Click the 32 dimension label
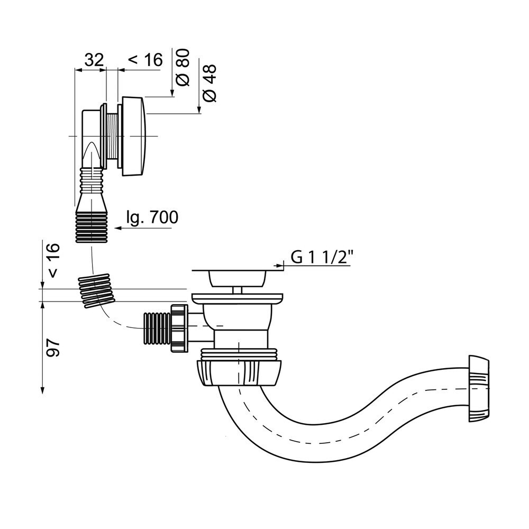(x=94, y=60)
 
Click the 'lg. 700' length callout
(x=152, y=217)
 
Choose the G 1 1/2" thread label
(x=322, y=257)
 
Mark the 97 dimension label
(x=53, y=347)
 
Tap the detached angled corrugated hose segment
(x=96, y=290)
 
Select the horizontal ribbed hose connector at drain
(x=156, y=328)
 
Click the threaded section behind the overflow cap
(x=112, y=136)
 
